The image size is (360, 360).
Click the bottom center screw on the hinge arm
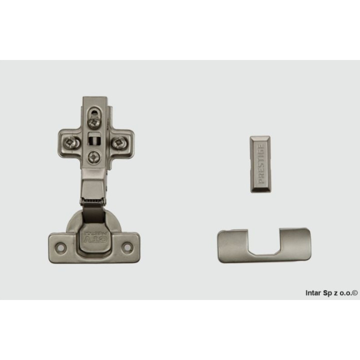pos(94,158)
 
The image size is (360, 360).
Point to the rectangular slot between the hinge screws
pos(93,139)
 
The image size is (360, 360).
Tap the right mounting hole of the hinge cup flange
pos(127,246)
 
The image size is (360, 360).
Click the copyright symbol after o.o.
pos(355,293)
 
